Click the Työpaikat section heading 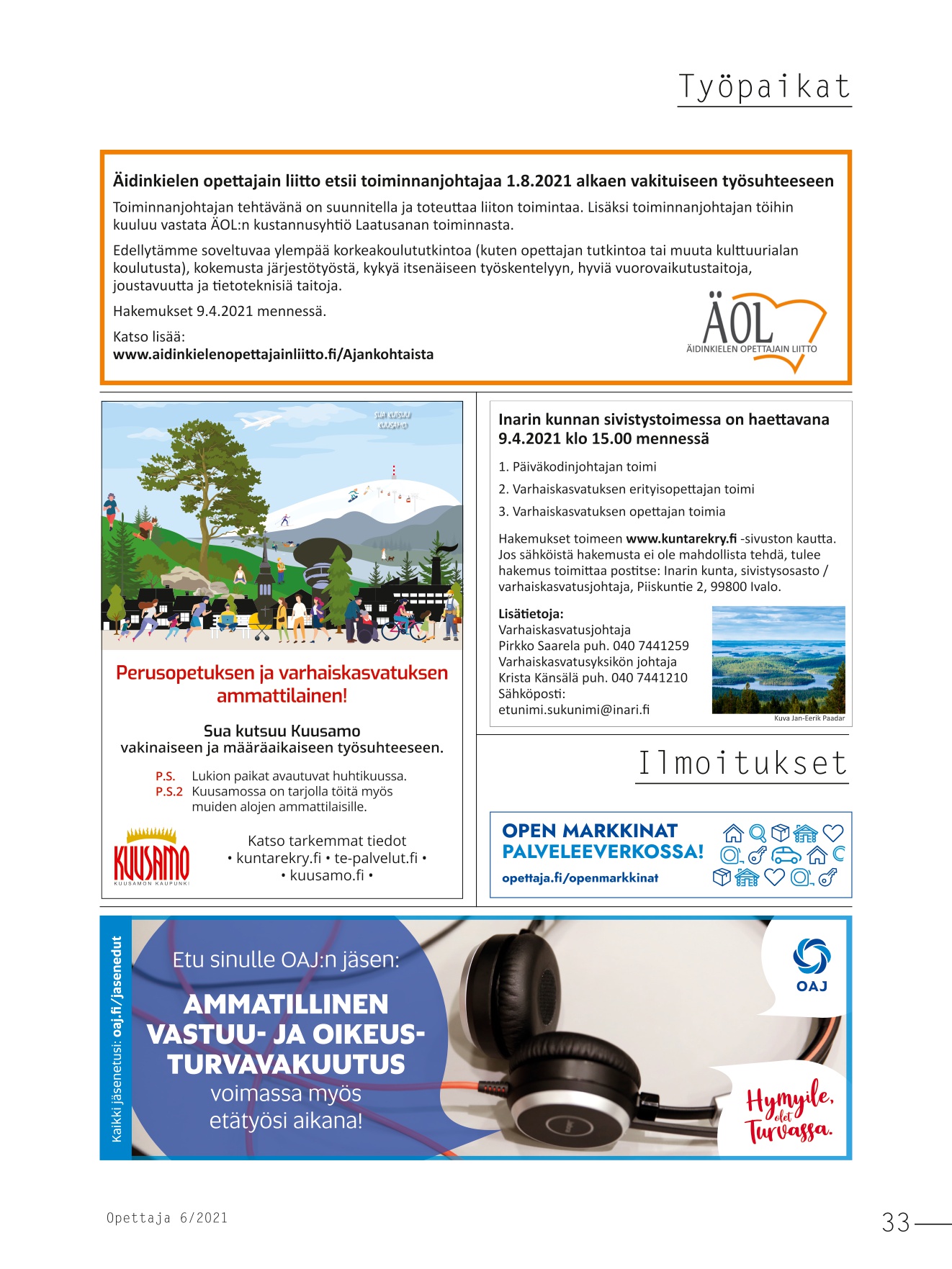[764, 87]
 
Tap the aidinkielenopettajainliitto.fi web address [273, 354]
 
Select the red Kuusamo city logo [152, 859]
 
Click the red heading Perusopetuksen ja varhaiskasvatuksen [282, 673]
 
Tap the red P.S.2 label [169, 791]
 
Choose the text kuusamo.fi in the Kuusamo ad [327, 875]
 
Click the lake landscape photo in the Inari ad [778, 659]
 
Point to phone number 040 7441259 [650, 646]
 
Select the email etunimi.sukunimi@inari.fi [573, 710]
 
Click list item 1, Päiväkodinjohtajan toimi [577, 466]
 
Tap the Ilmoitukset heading [742, 764]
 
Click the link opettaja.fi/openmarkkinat [580, 877]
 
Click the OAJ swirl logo [812, 957]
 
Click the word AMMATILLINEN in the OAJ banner [286, 1004]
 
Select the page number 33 [896, 1222]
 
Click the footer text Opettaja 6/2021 [167, 1218]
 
